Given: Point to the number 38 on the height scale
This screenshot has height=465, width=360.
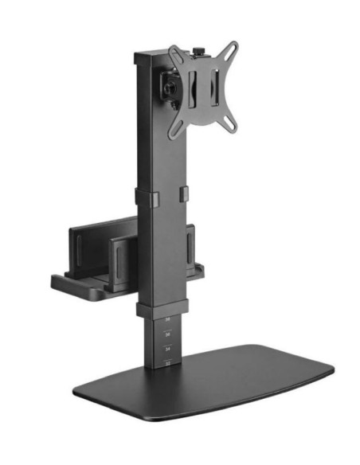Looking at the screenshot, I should [x=167, y=320].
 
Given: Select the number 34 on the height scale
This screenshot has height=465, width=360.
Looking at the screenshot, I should [x=167, y=348].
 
